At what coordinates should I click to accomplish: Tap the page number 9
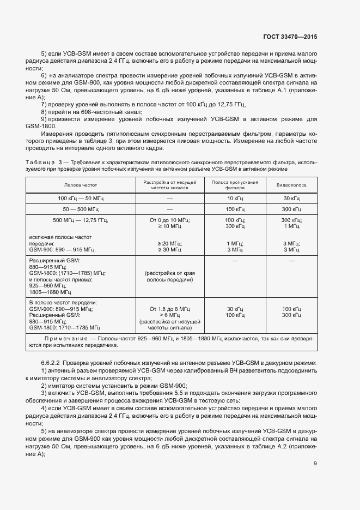point(315,464)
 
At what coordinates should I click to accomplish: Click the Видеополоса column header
point(291,185)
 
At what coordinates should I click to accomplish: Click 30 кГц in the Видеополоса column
point(291,199)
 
